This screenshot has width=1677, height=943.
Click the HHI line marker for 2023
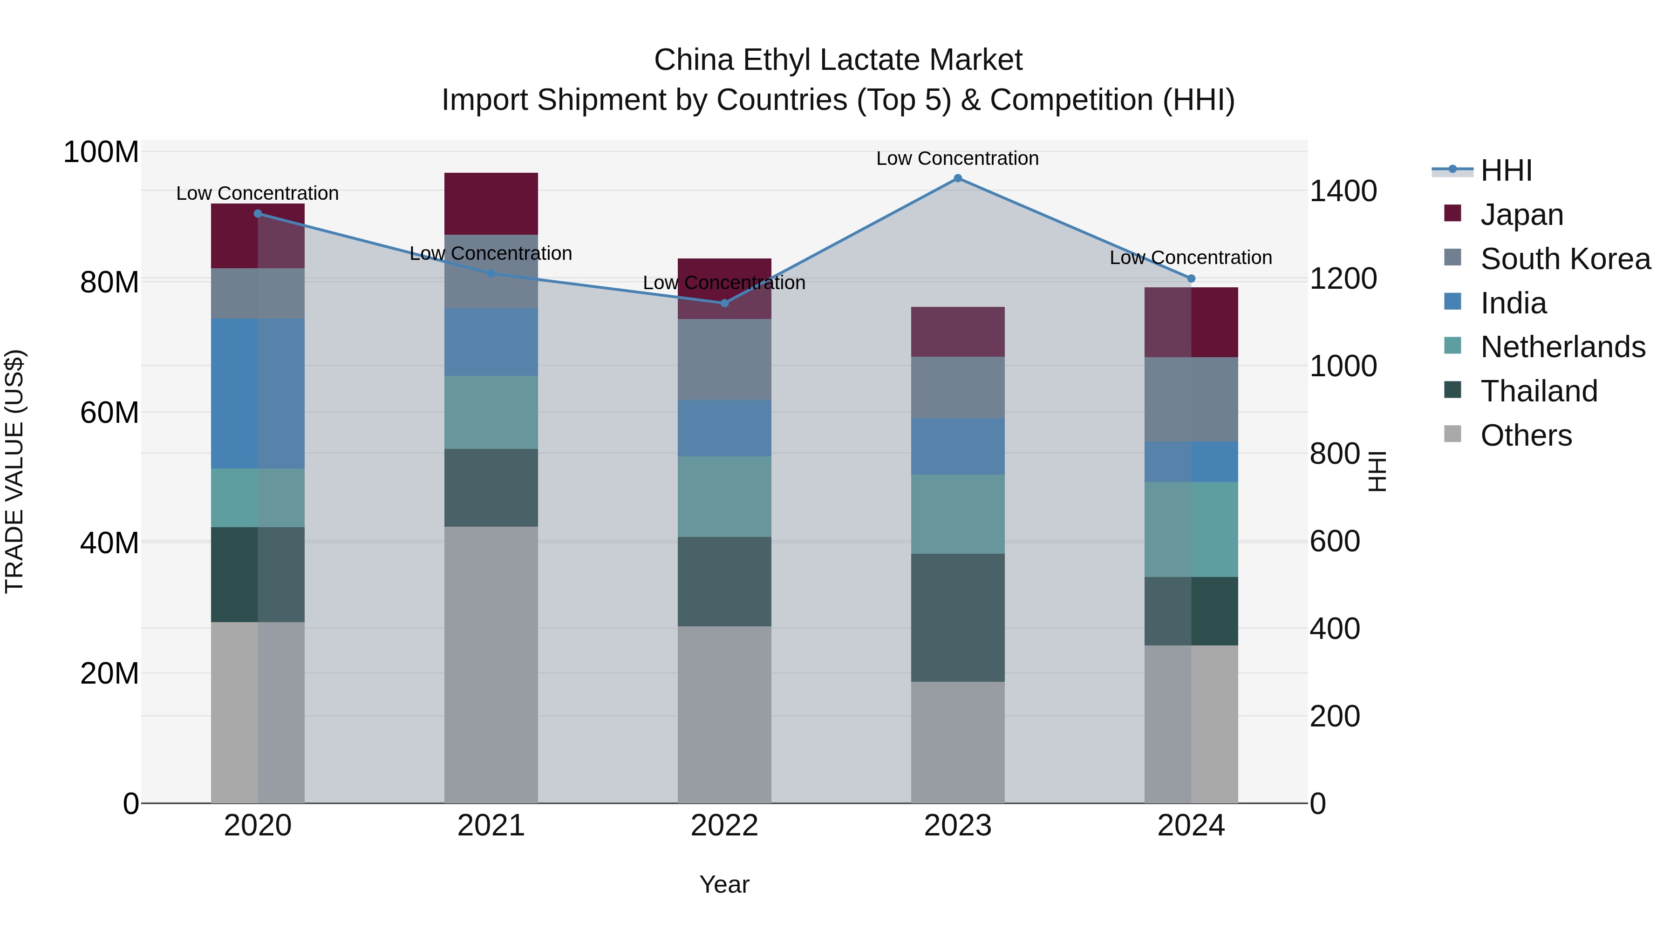pyautogui.click(x=958, y=178)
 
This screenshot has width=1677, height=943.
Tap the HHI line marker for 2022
pyautogui.click(x=724, y=303)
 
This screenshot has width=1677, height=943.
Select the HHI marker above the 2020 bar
pyautogui.click(x=258, y=213)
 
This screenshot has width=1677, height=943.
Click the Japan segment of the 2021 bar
pyautogui.click(x=491, y=204)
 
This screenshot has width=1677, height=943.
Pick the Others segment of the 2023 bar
pyautogui.click(x=958, y=742)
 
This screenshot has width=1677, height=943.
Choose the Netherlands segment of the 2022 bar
pyautogui.click(x=724, y=496)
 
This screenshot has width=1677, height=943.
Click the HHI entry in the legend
pyautogui.click(x=1506, y=170)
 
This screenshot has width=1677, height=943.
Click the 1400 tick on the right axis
pyautogui.click(x=1343, y=191)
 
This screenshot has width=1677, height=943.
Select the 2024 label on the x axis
pyautogui.click(x=1191, y=826)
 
